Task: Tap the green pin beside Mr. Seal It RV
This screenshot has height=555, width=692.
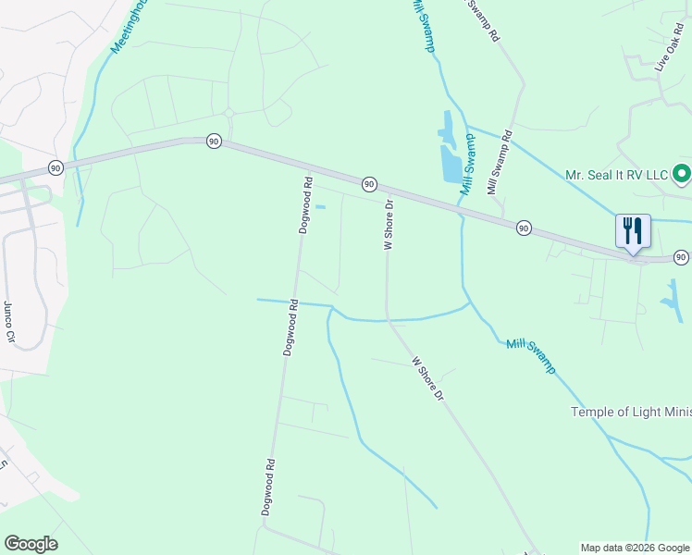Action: [x=682, y=173]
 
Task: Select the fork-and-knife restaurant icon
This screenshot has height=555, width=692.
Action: [x=633, y=230]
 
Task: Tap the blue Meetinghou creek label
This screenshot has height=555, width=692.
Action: [x=129, y=27]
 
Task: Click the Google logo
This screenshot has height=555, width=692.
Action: [x=31, y=544]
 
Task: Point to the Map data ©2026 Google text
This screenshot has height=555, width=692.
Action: [x=634, y=548]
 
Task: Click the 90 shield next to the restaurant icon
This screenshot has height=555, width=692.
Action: [x=681, y=257]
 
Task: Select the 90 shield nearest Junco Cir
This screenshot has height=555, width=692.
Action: [x=56, y=167]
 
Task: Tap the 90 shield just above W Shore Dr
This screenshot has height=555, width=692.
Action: [x=368, y=184]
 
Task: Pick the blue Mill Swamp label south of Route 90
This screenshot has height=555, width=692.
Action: [x=531, y=356]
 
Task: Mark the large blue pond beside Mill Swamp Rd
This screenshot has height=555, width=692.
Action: [x=448, y=153]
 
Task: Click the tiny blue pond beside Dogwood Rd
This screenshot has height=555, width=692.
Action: [x=320, y=206]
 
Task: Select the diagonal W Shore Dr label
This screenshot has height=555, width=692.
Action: [x=428, y=378]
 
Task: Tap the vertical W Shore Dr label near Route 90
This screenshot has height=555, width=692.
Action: [x=389, y=225]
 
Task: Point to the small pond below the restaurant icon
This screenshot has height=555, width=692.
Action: [x=669, y=297]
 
